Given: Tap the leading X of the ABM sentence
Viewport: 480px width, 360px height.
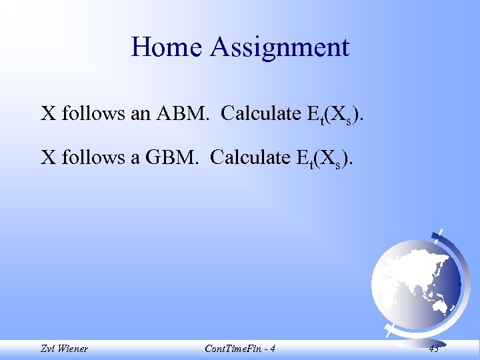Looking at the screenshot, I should tap(48, 114).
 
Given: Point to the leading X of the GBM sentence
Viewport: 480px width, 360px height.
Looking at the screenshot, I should tap(48, 157).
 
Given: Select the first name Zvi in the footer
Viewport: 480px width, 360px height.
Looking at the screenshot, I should tap(47, 348).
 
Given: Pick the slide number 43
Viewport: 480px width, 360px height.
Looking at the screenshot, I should tap(433, 348).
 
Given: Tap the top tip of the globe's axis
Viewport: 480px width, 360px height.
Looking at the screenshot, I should tap(441, 231).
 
